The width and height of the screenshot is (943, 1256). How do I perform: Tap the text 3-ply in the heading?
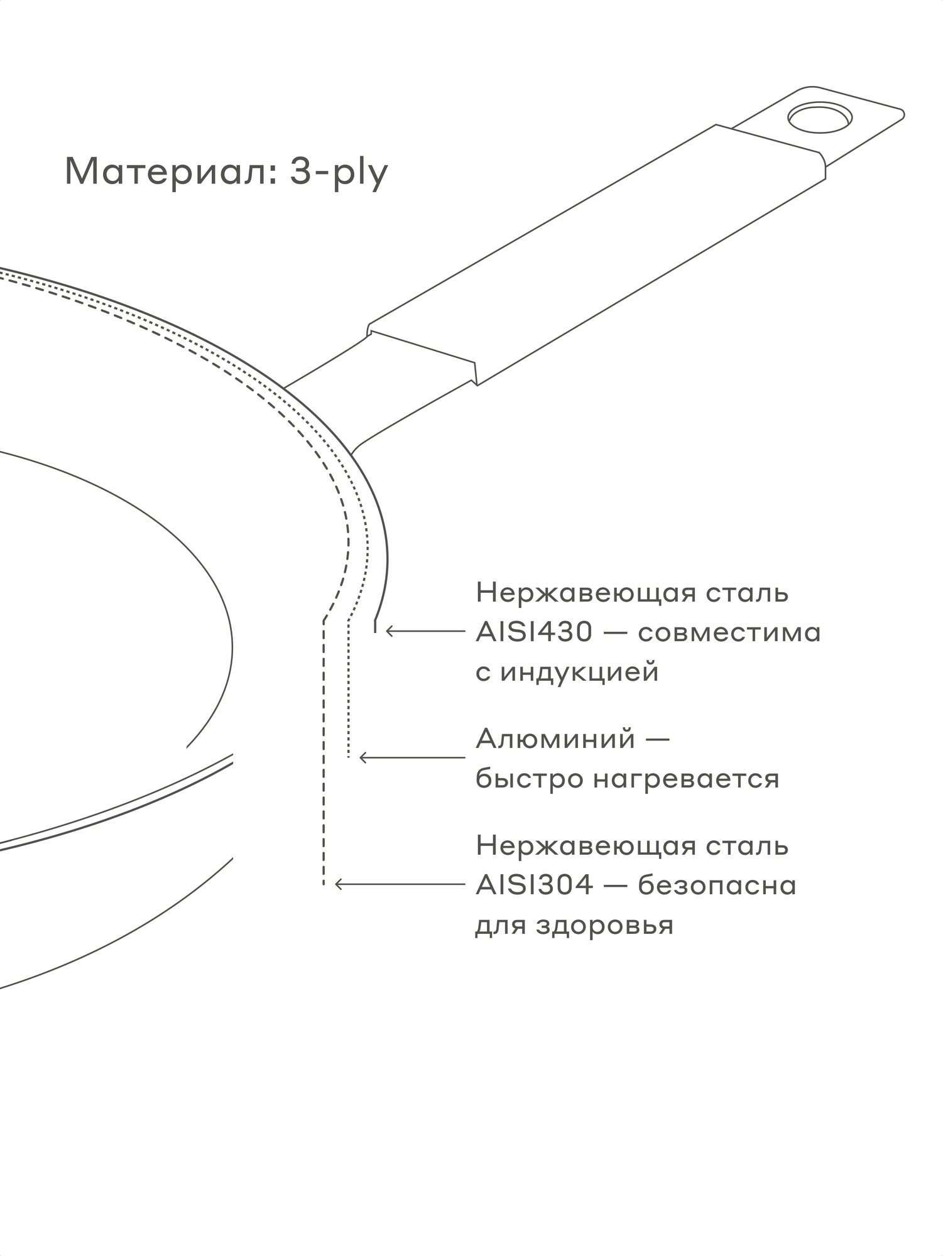click(339, 172)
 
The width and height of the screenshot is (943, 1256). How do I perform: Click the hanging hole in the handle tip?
click(820, 117)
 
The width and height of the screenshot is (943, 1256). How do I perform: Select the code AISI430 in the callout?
click(534, 632)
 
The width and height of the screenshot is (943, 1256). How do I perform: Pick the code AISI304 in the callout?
click(534, 885)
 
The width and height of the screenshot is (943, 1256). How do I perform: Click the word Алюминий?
click(555, 739)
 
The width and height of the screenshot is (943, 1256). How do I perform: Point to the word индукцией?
click(579, 673)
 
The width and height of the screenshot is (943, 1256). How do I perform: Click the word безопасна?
click(717, 885)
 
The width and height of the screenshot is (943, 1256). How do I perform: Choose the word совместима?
click(729, 632)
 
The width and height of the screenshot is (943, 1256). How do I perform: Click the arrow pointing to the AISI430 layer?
click(425, 631)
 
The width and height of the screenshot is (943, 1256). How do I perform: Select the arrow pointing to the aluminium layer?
click(412, 758)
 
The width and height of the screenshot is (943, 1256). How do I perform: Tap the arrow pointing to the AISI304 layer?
click(400, 884)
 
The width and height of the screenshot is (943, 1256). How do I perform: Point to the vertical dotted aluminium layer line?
click(349, 691)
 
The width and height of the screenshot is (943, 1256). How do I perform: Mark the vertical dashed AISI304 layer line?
click(324, 754)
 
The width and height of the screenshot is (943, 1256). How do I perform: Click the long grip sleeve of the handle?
click(597, 251)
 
